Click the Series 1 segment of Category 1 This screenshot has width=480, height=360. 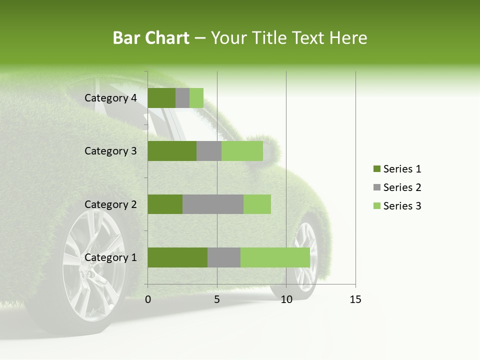[177, 257]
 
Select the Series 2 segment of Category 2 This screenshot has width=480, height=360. [213, 204]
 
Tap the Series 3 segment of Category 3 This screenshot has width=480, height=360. [242, 151]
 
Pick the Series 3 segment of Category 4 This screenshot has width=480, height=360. [196, 98]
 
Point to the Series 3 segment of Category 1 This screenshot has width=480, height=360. [275, 257]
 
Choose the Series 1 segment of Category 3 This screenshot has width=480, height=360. [172, 151]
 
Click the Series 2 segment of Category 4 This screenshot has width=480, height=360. [182, 98]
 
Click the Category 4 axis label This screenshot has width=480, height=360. [110, 98]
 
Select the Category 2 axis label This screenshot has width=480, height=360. [110, 204]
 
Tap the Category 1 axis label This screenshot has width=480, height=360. [110, 257]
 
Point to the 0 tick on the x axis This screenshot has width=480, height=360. [148, 299]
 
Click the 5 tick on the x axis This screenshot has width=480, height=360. [217, 299]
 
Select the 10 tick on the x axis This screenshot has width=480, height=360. [286, 299]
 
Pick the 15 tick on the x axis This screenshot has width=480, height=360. [355, 299]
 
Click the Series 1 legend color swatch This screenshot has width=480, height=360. [376, 169]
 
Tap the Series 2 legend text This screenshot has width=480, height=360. [402, 187]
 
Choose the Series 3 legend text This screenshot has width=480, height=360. [402, 206]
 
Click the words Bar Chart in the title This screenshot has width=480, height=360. [150, 38]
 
